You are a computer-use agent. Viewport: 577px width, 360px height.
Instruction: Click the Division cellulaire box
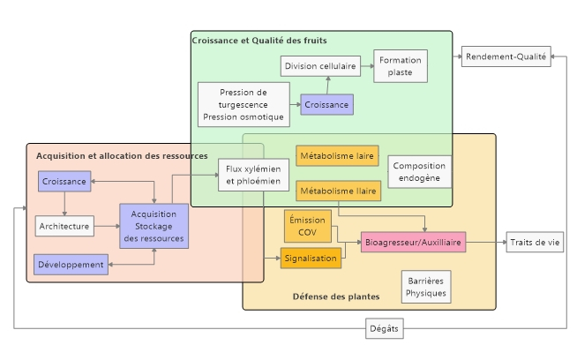(x=319, y=65)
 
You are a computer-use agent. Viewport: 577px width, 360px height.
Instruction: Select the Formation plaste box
(x=400, y=66)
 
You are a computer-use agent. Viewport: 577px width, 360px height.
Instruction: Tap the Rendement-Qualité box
(x=506, y=56)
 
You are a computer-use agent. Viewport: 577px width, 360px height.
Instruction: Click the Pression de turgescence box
(x=244, y=104)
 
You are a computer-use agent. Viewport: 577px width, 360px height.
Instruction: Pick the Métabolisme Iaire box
(x=337, y=156)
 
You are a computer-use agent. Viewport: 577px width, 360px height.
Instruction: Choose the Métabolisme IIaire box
(x=338, y=190)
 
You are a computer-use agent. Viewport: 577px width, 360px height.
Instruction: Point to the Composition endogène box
(x=419, y=171)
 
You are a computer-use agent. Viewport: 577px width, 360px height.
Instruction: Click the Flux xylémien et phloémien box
(x=253, y=175)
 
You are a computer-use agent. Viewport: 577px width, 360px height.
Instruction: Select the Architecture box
(x=64, y=226)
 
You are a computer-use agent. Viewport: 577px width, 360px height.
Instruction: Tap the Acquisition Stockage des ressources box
(x=154, y=226)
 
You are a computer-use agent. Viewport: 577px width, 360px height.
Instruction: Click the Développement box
(x=71, y=263)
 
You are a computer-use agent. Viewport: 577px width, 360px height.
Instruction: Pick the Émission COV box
(x=307, y=226)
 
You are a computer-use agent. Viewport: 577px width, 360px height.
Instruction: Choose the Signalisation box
(x=311, y=258)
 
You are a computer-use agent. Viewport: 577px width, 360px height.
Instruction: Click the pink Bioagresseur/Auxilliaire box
(x=412, y=241)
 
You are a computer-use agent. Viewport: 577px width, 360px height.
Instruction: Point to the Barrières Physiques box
(x=426, y=287)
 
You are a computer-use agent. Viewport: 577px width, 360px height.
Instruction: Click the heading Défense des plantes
(x=335, y=296)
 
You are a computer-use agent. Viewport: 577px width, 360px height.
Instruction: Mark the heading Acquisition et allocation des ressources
(x=122, y=155)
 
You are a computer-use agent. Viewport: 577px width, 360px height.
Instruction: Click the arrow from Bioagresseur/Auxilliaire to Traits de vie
(x=486, y=241)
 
